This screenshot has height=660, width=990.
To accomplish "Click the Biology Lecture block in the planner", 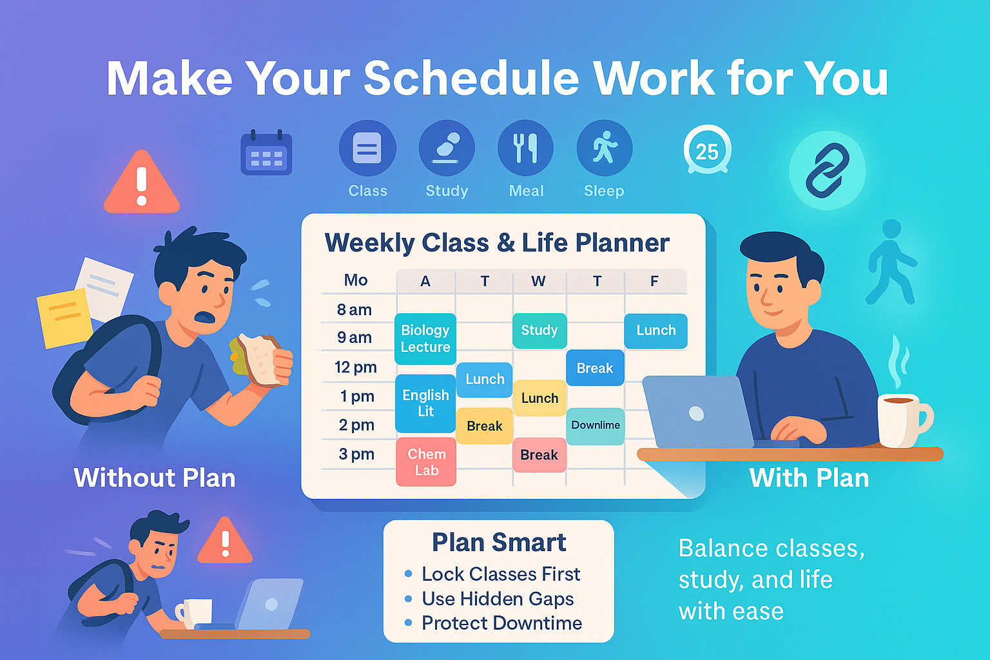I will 425,338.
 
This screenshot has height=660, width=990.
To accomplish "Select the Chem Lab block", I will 426,461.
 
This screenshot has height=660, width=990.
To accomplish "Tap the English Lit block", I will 425,403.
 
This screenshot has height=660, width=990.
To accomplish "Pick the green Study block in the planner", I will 539,331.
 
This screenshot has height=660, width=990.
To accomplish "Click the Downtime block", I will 596,425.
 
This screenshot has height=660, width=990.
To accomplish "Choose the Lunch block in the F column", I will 655,331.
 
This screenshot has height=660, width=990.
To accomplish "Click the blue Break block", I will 595,368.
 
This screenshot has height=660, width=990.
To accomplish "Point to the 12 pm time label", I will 355,367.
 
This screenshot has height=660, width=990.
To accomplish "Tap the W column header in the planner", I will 538,281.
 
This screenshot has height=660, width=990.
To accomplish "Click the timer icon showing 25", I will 707,151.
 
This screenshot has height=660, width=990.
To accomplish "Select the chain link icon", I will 828,170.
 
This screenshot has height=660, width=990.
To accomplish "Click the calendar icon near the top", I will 266,153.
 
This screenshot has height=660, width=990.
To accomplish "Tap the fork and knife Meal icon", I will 525,148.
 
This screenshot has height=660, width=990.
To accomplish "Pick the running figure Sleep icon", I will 604,148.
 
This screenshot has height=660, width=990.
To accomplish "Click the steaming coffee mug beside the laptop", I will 902,420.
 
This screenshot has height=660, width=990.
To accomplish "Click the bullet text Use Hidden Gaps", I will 498,599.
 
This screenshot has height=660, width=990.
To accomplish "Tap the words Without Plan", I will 155,478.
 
